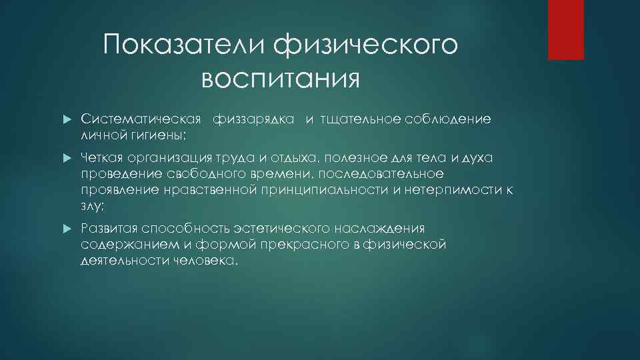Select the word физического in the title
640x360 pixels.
[x=366, y=46]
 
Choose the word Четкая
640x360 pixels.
[x=99, y=157]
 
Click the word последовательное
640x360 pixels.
[x=385, y=174]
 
